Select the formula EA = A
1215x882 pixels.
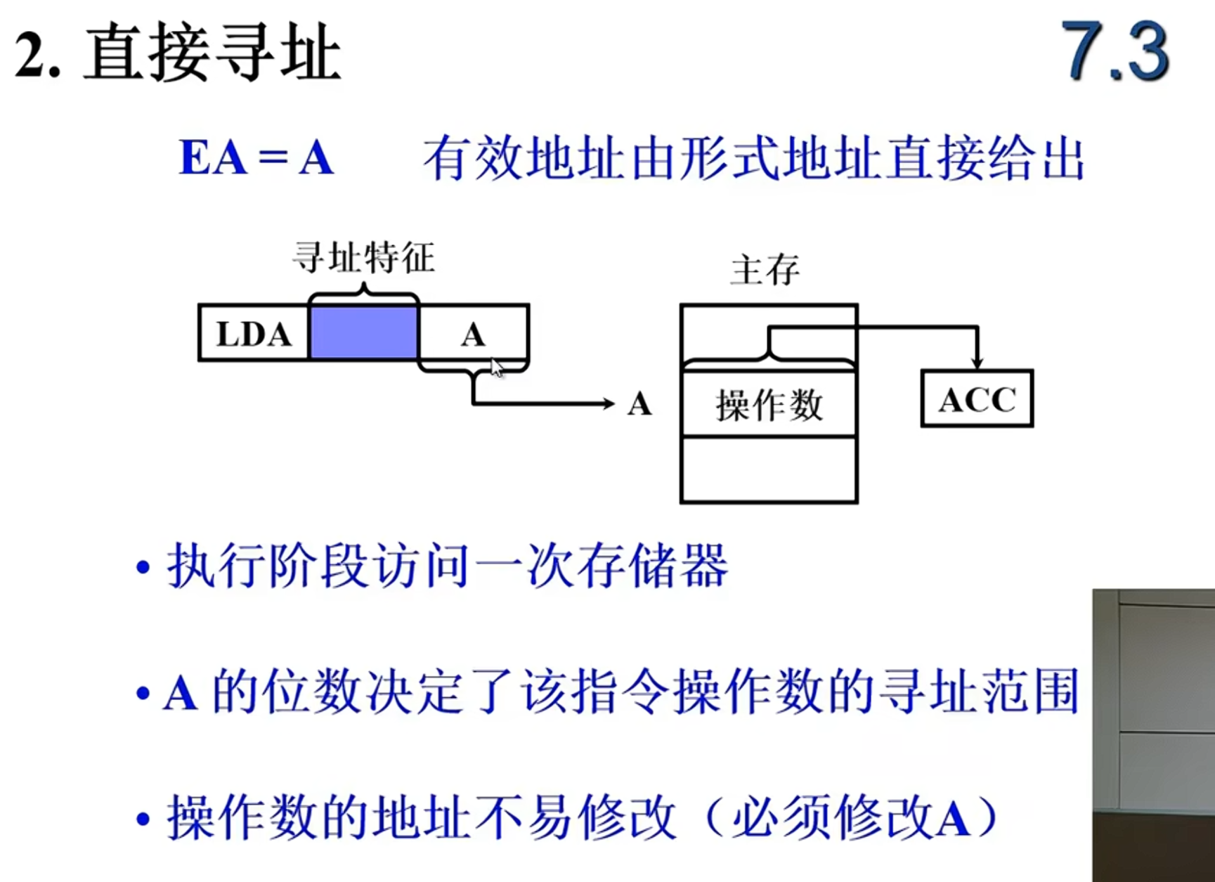[x=256, y=157]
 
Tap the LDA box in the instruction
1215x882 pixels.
[x=254, y=334]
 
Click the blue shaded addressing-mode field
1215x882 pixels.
[x=363, y=333]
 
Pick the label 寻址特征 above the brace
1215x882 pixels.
[x=363, y=258]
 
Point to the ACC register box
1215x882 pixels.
[x=977, y=399]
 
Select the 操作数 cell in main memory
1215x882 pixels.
[x=769, y=406]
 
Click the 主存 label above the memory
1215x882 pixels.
[x=765, y=270]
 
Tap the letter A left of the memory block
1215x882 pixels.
[x=639, y=404]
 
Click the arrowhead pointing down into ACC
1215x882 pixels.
[x=977, y=363]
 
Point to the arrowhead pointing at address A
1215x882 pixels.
[x=608, y=403]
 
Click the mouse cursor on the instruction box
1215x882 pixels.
[x=497, y=368]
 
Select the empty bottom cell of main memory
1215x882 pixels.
[x=769, y=469]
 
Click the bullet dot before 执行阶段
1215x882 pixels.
[x=143, y=568]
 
